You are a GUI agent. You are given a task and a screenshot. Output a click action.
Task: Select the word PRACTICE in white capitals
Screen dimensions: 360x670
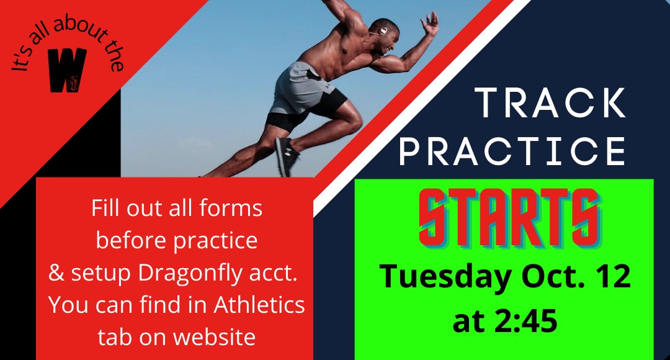(512, 150)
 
